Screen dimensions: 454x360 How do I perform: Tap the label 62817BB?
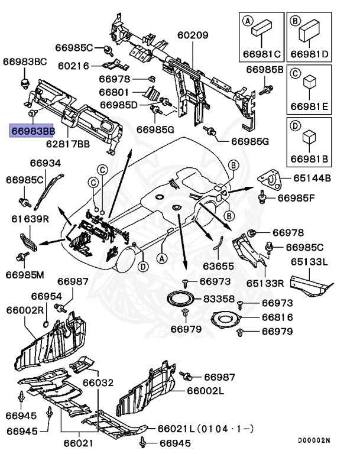coord(68,144)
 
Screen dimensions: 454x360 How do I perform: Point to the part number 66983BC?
coord(24,61)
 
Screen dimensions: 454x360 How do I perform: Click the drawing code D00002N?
coord(314,440)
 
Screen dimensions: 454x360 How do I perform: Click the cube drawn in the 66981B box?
coord(307,138)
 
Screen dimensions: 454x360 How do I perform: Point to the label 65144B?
coord(313,177)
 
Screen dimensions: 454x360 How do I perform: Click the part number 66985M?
coord(25,274)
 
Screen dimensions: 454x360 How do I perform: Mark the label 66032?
coord(97,383)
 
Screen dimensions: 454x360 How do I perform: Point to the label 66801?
coord(113,92)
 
